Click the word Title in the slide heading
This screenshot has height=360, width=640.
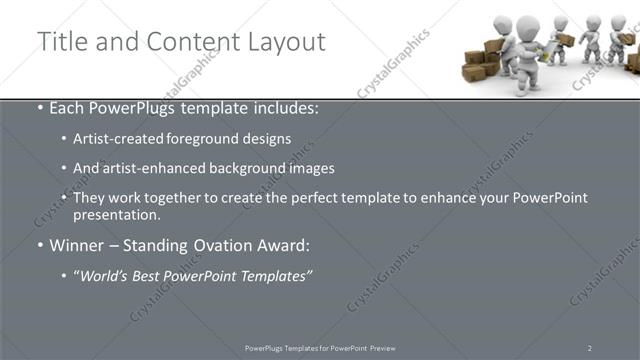click(x=60, y=42)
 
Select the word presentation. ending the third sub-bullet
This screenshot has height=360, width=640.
click(x=116, y=214)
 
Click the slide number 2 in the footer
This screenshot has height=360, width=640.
click(x=590, y=348)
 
